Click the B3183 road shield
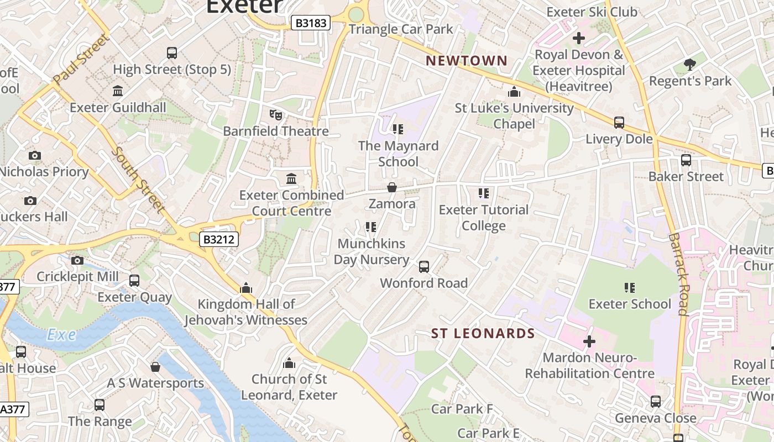[x=311, y=23]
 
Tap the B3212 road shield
[x=219, y=239]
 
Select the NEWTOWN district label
[x=467, y=61]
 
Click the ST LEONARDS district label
[x=483, y=333]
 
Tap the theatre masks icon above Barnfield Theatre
[x=276, y=115]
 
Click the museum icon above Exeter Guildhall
[x=118, y=91]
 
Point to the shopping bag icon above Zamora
[x=392, y=188]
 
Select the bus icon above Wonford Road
[x=424, y=267]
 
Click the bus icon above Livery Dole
[x=619, y=123]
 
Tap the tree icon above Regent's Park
[x=689, y=65]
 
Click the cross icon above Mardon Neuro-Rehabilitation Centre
[x=589, y=341]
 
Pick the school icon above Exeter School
[x=629, y=288]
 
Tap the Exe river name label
[x=61, y=335]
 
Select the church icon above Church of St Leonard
[x=289, y=363]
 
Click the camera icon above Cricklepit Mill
[x=77, y=260]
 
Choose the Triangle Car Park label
[x=401, y=29]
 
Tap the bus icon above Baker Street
[x=686, y=160]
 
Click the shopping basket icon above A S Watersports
[x=155, y=367]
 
